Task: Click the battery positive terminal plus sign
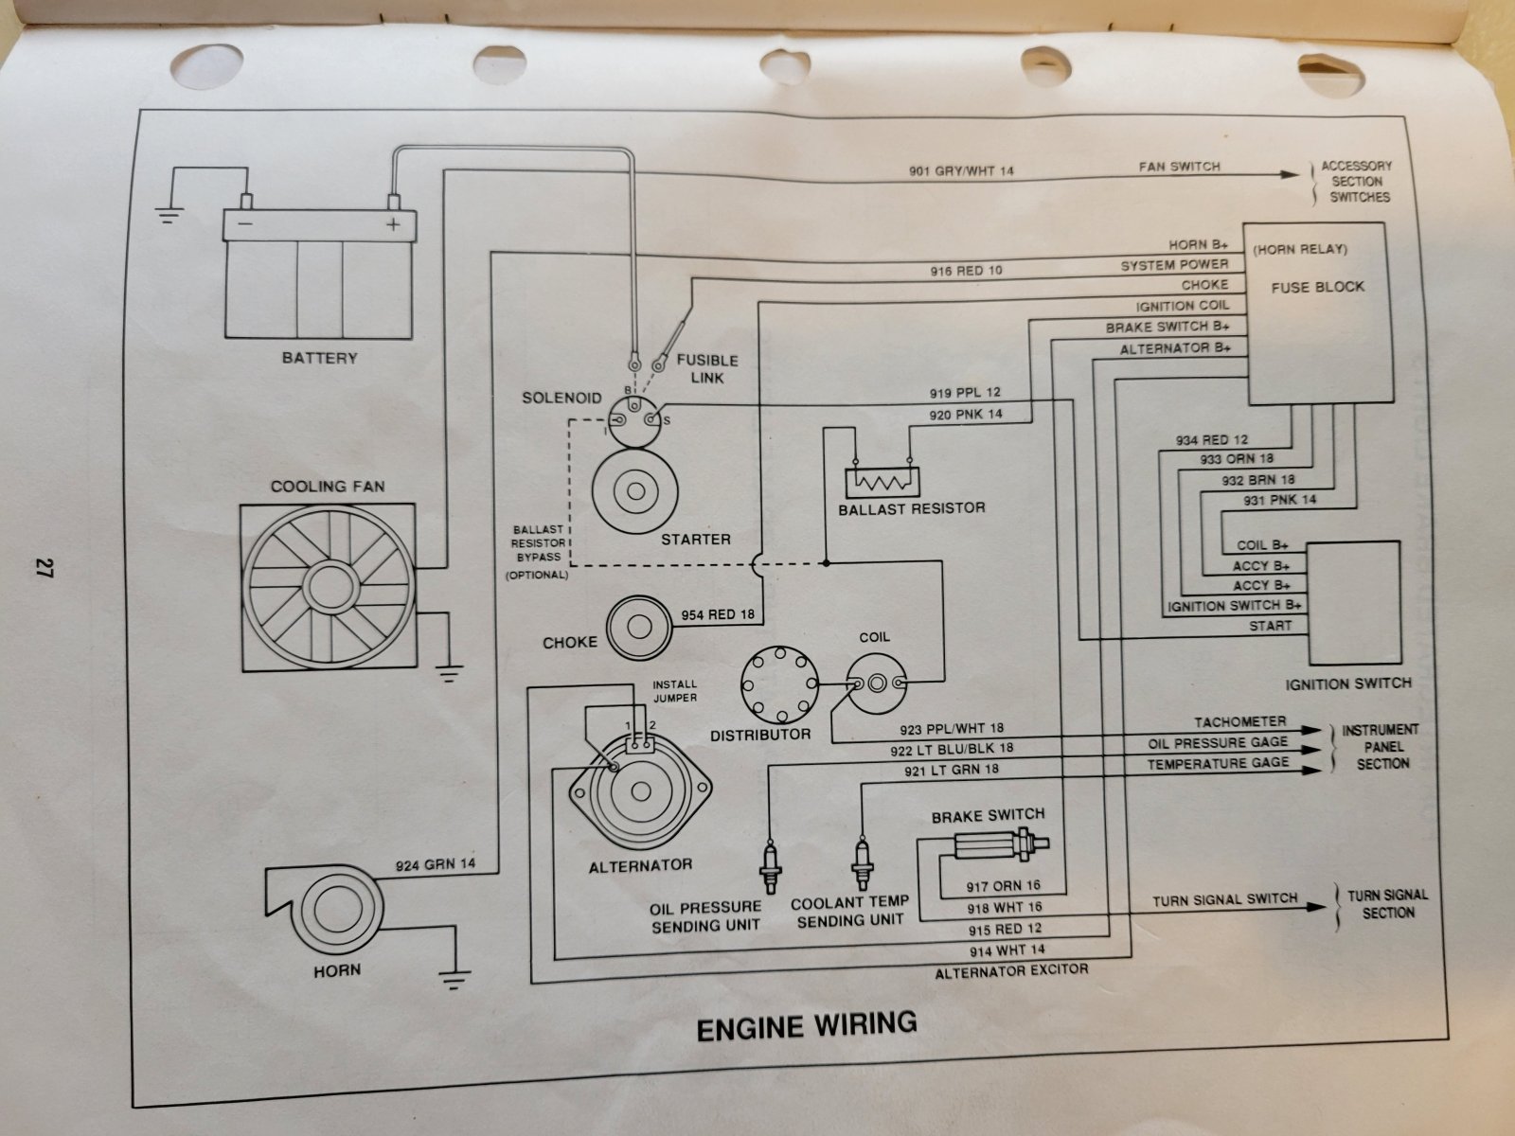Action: point(392,225)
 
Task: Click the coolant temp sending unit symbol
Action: point(861,859)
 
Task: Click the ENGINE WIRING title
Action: point(807,1025)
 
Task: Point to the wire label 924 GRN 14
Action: point(435,863)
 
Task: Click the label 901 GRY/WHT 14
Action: point(960,172)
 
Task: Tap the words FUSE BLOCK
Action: point(1317,286)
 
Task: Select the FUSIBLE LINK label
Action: point(707,369)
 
